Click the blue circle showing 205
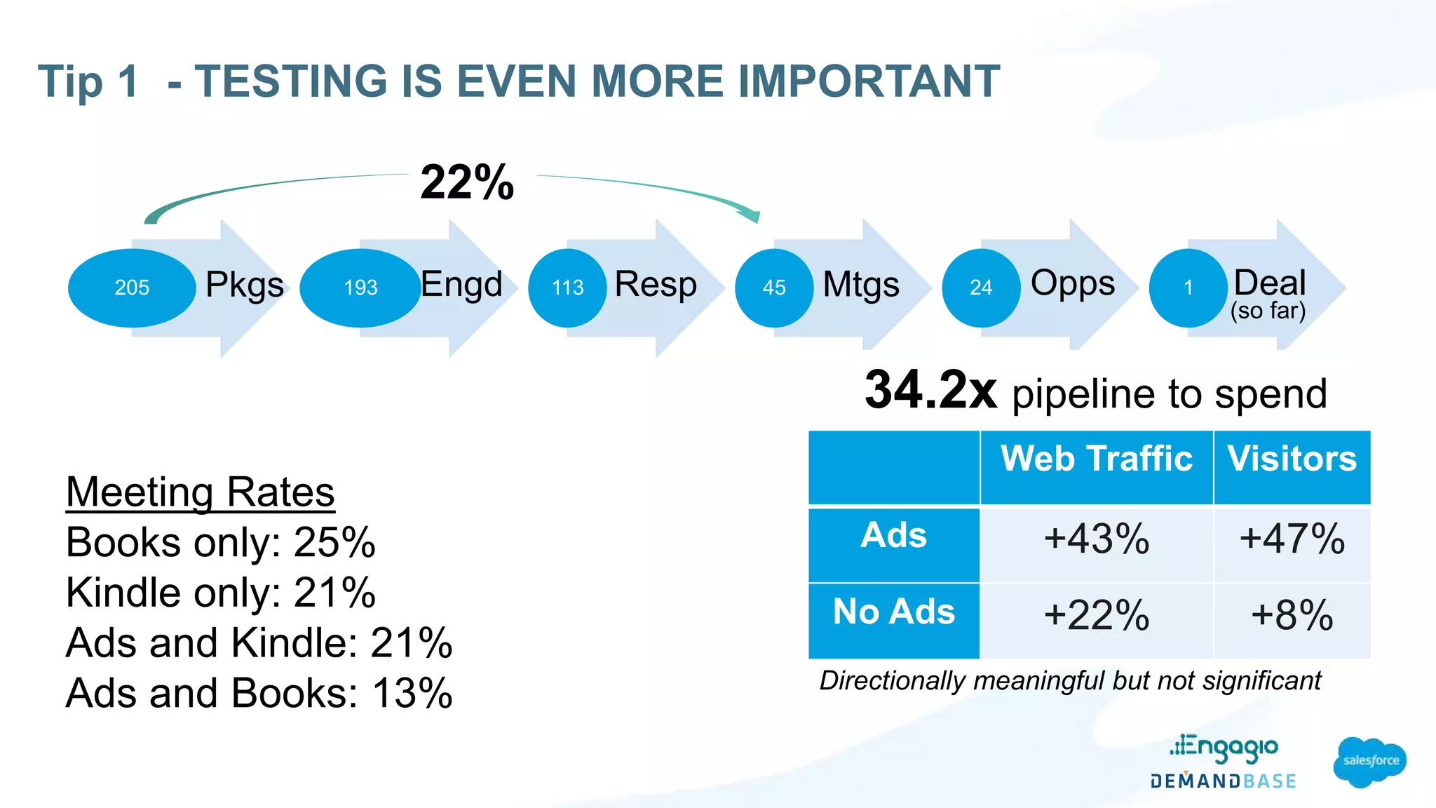coord(132,288)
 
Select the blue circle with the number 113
coord(567,288)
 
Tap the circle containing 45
coord(774,288)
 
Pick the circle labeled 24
coord(981,288)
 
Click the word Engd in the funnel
coord(461,285)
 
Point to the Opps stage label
coord(1072,283)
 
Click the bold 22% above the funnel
coord(467,182)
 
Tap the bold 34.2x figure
coord(930,391)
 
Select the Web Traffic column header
coord(1096,459)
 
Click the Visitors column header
coord(1292,459)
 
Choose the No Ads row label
coord(893,612)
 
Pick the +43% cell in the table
coord(1096,539)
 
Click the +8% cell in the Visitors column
coord(1292,616)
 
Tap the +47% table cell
coord(1292,539)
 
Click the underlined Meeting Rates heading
coord(200,492)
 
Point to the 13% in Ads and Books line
coord(412,694)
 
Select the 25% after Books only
coord(334,542)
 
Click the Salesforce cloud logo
coord(1369,762)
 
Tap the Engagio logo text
coord(1224,748)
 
